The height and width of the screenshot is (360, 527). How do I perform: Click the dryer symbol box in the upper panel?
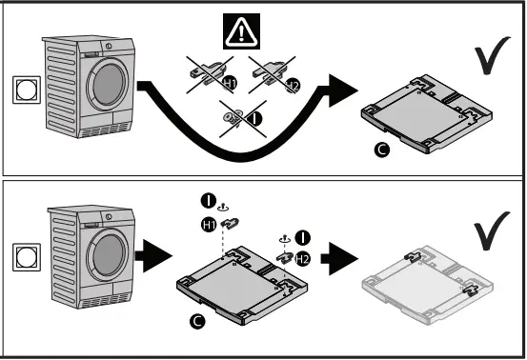(x=19, y=92)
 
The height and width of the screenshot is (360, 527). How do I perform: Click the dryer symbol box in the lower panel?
(x=19, y=256)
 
